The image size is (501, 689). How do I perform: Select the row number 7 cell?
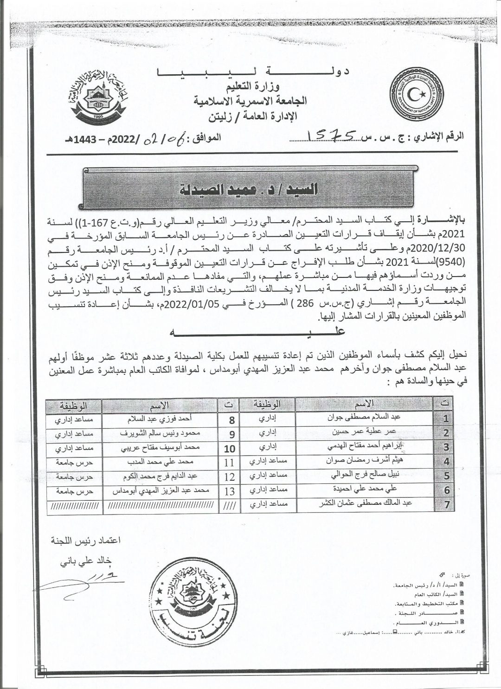446,505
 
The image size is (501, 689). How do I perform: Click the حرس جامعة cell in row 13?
74,491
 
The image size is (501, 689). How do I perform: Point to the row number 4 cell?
446,462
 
